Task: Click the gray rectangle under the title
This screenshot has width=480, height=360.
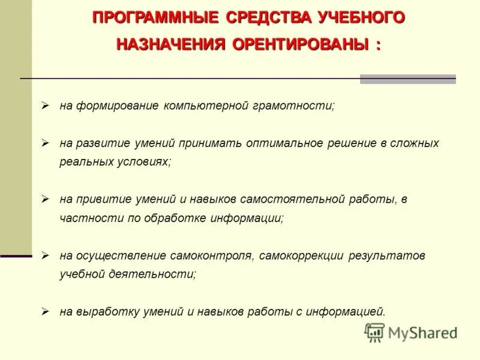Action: [x=407, y=79]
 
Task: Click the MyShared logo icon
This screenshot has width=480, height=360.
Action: [x=374, y=332]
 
